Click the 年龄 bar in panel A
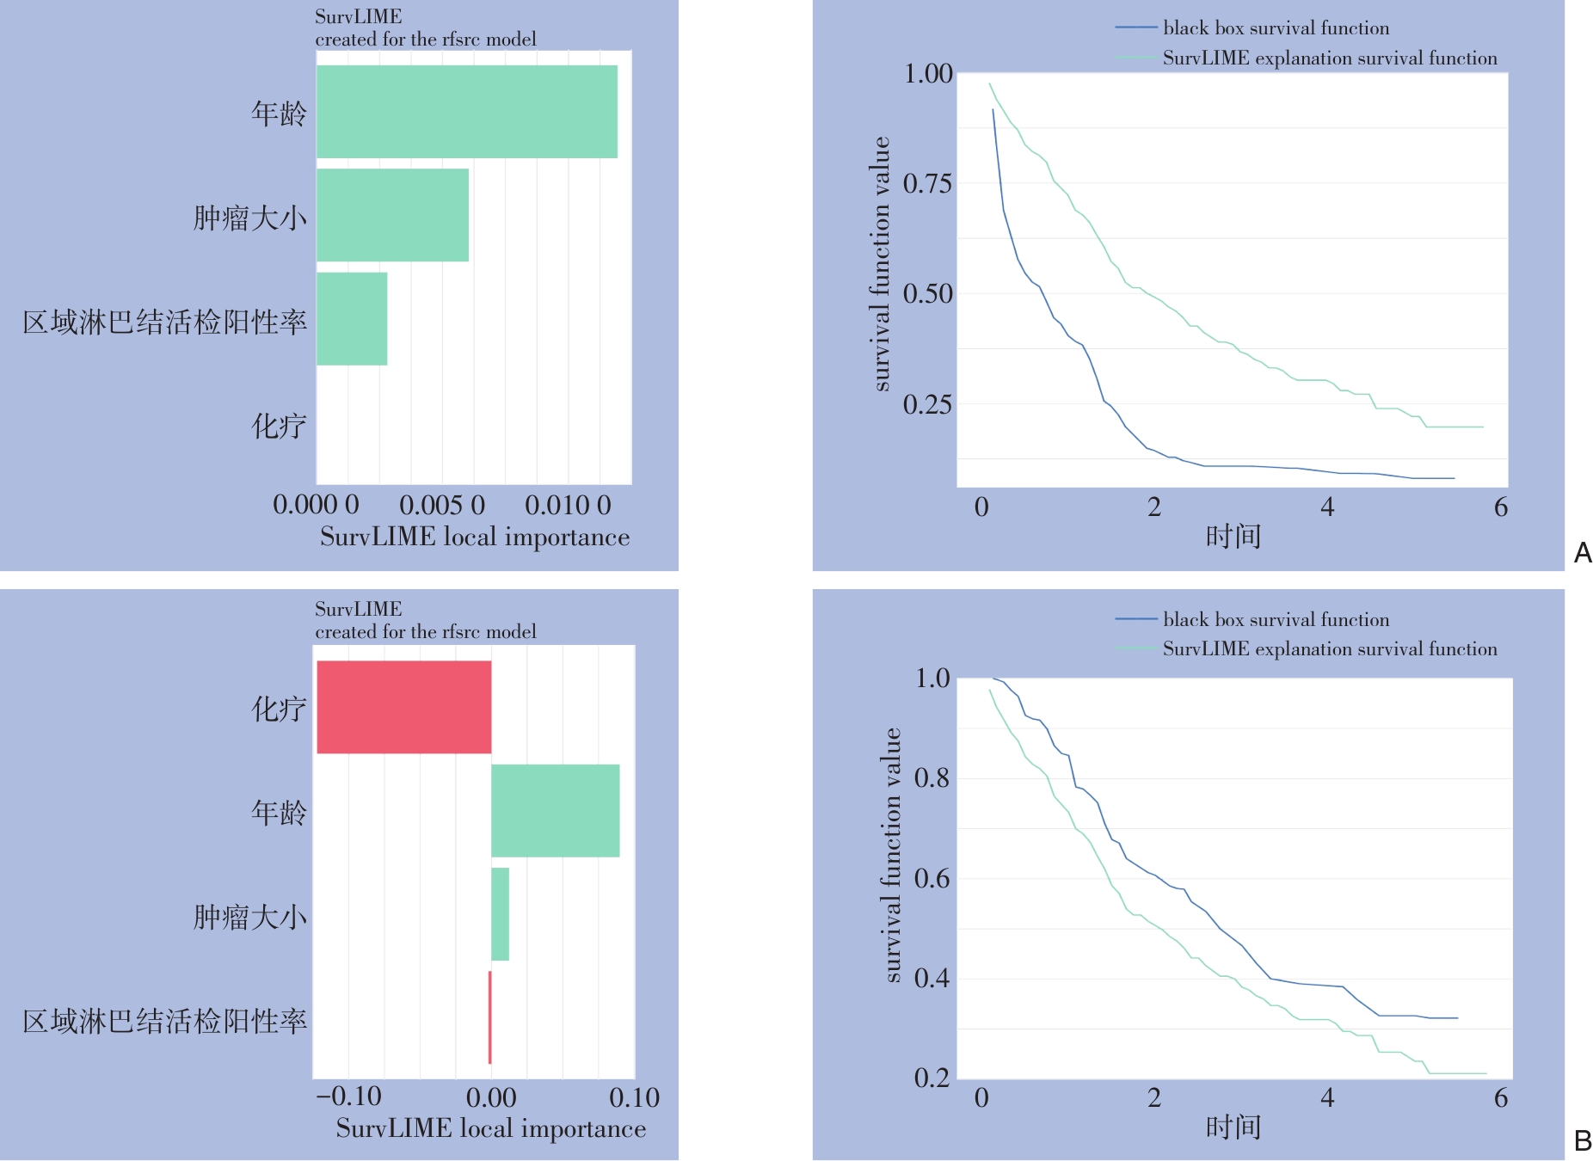(x=466, y=112)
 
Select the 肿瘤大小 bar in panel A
(x=392, y=215)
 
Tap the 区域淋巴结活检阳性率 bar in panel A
(x=352, y=319)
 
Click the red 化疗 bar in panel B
(x=404, y=707)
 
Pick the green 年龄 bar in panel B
(x=555, y=810)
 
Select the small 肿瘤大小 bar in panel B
(x=500, y=914)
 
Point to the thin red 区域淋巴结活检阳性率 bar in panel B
(x=489, y=1017)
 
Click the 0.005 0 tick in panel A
(x=442, y=505)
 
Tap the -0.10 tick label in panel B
(x=349, y=1096)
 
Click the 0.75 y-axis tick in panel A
(x=927, y=183)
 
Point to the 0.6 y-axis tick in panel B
(x=932, y=878)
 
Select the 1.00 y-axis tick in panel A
(x=927, y=74)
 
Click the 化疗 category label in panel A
(x=279, y=426)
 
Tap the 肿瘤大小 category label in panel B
(x=249, y=917)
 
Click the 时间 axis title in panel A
(x=1233, y=537)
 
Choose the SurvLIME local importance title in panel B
(x=490, y=1128)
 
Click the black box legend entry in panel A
(x=1276, y=28)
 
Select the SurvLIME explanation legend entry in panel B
(x=1329, y=649)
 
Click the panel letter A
(x=1582, y=553)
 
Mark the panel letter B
(x=1582, y=1141)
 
